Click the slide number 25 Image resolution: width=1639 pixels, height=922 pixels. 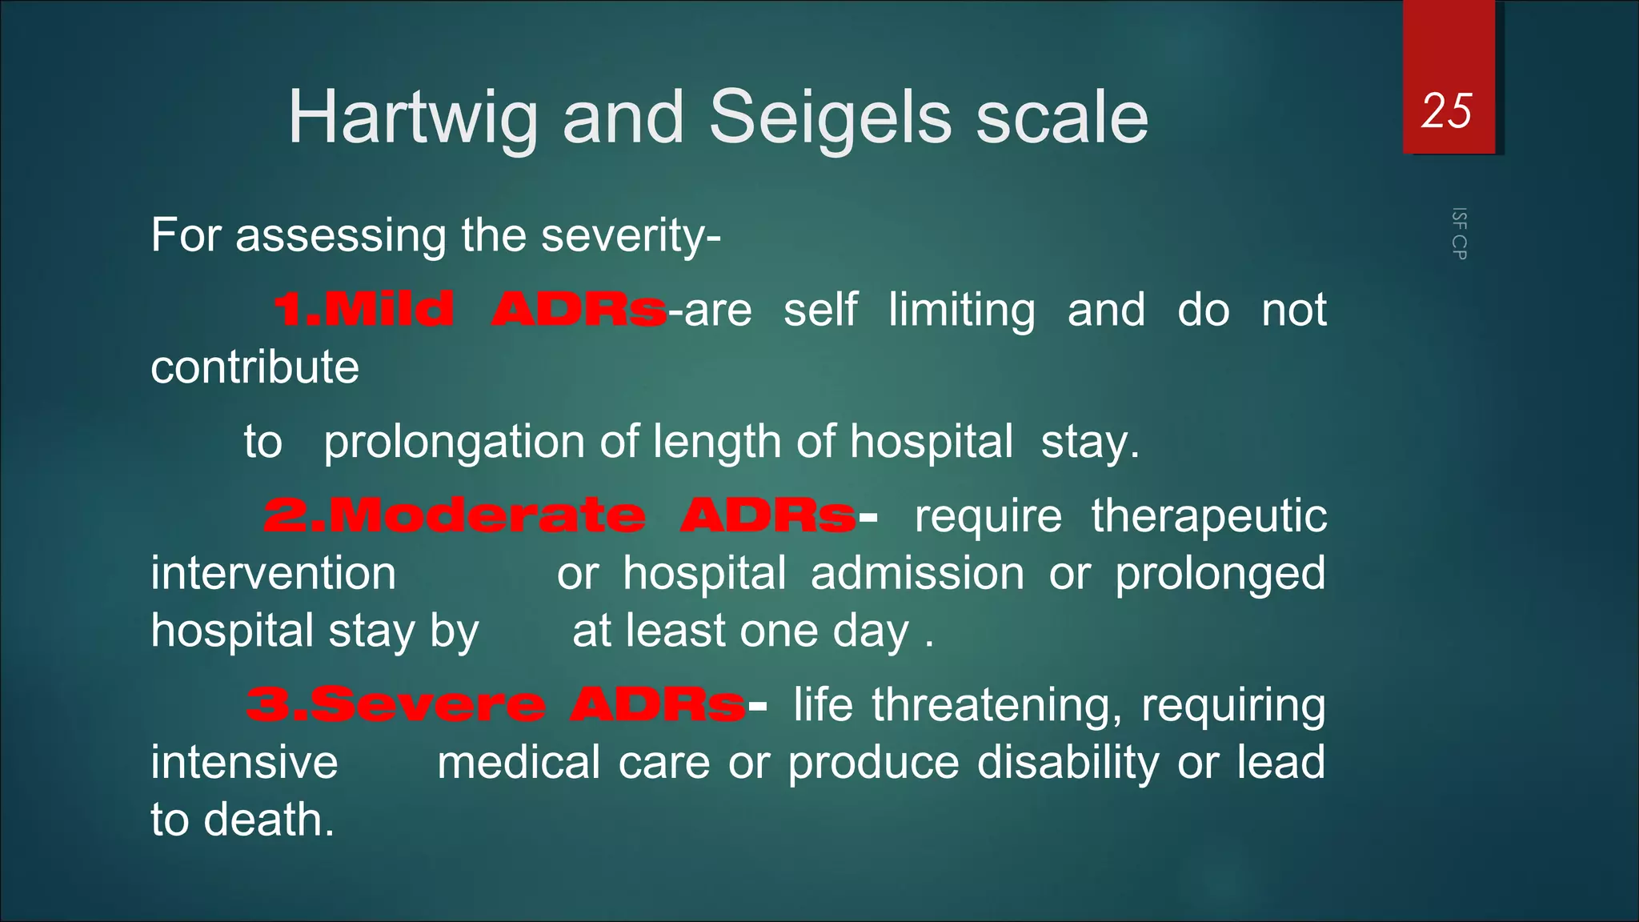click(1446, 110)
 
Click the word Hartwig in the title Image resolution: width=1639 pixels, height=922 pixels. click(412, 118)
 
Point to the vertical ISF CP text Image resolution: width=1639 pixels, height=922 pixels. click(1459, 234)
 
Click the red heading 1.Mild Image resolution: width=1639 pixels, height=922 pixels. click(364, 310)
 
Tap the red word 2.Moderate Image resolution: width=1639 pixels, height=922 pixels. click(454, 515)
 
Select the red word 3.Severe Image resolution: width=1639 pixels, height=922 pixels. click(396, 705)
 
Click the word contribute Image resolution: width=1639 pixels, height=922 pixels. click(254, 367)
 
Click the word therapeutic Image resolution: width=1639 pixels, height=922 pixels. click(1208, 515)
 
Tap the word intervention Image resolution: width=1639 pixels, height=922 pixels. click(273, 574)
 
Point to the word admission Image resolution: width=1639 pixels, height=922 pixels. click(917, 574)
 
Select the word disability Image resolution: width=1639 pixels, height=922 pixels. click(1068, 763)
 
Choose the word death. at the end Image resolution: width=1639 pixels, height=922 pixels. click(268, 820)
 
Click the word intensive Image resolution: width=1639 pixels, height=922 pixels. click(244, 763)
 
